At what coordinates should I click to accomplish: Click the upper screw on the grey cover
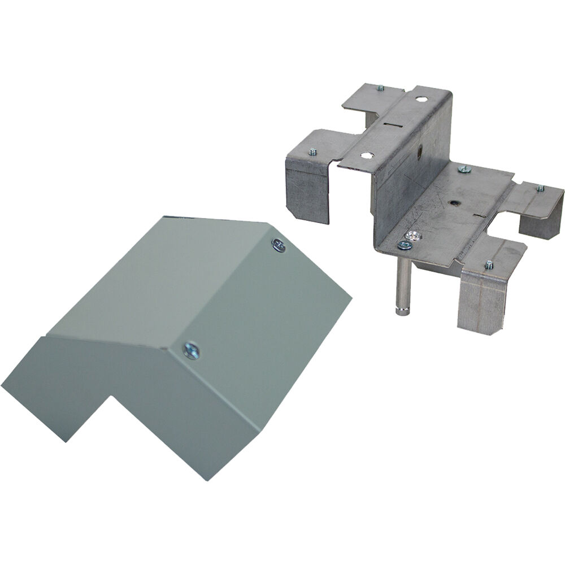(278, 245)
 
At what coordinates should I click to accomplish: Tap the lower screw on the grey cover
(191, 350)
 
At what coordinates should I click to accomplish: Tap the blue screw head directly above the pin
(403, 245)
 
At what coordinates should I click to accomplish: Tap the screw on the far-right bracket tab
(540, 188)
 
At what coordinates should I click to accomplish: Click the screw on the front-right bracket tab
(488, 264)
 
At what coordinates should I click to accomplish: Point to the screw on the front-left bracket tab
(312, 151)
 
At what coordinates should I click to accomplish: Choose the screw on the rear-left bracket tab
(380, 88)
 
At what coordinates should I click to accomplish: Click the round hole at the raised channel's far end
(421, 99)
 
